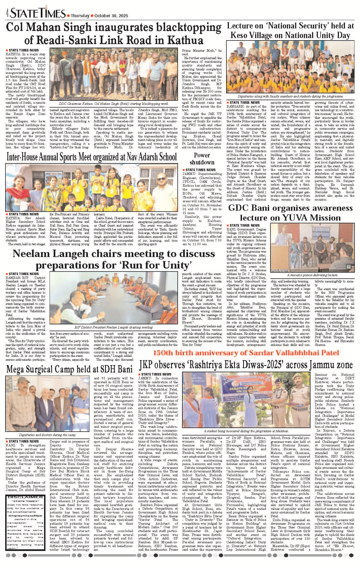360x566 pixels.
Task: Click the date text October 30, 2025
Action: pos(111,16)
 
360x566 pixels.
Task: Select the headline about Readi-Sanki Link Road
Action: pos(114,33)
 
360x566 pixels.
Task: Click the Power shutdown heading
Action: pos(202,159)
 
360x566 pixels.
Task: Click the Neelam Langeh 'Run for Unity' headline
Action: pos(114,259)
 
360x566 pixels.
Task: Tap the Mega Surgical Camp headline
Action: pos(69,369)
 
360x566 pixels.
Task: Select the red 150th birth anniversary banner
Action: pos(246,353)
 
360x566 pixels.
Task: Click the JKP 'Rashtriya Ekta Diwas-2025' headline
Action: pos(246,365)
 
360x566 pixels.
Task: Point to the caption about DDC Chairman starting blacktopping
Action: pos(114,103)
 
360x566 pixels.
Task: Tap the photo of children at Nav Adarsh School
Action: pos(91,187)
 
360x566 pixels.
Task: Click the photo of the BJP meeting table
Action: pos(114,298)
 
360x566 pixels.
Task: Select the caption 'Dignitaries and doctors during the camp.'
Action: pos(47,435)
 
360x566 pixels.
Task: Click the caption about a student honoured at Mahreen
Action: pos(246,431)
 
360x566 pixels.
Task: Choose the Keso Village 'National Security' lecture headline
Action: pos(290,31)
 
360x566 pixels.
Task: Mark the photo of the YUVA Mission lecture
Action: pos(312,247)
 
